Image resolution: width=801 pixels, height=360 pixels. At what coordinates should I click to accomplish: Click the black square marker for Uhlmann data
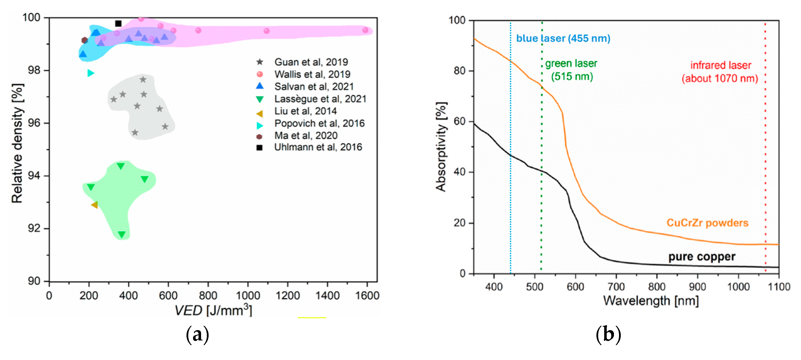pos(118,23)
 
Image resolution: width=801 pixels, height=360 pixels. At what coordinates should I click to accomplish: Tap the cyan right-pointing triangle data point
pos(90,73)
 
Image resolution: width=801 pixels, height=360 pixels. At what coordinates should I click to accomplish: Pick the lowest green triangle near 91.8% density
pos(121,234)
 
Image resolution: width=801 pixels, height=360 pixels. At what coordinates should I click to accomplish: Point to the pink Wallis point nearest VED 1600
pos(365,30)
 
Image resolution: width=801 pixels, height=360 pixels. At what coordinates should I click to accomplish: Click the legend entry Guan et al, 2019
pos(311,62)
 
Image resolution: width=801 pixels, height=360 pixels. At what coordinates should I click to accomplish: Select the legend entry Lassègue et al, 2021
pos(320,99)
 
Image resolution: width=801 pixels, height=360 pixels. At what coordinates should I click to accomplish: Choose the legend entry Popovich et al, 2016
pos(319,123)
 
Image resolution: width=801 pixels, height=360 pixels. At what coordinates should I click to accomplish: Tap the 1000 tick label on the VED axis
pos(248,295)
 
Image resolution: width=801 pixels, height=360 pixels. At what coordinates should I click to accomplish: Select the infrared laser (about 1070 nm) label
pos(720,72)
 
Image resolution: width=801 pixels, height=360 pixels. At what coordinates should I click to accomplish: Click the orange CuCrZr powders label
pos(707,223)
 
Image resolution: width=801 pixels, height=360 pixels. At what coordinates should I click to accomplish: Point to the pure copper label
pos(702,257)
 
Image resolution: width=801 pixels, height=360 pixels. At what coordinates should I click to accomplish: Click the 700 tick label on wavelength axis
pos(616,287)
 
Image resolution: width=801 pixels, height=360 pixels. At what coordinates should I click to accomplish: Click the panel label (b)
pos(608,335)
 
